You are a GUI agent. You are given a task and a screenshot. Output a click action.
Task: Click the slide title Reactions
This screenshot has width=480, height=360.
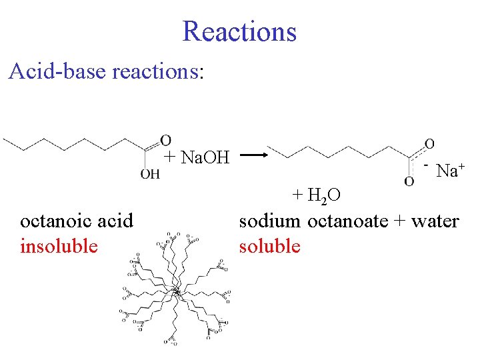tap(239, 31)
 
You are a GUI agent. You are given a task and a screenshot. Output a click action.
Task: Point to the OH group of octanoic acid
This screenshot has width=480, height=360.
tap(150, 175)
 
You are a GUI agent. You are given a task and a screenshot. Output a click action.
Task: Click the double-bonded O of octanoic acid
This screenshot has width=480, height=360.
tap(165, 140)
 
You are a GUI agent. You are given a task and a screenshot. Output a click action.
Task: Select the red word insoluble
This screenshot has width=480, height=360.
tap(59, 246)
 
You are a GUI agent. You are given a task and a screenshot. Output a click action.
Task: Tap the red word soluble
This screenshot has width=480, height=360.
tap(270, 246)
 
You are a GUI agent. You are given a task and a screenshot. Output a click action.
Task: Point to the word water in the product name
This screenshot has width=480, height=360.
tap(435, 220)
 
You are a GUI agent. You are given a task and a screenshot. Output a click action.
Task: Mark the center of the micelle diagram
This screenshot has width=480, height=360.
tap(177, 291)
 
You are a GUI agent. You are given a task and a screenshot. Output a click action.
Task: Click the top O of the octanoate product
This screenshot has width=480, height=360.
tap(429, 143)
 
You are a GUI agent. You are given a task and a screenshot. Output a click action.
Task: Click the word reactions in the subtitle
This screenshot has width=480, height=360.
tap(154, 71)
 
